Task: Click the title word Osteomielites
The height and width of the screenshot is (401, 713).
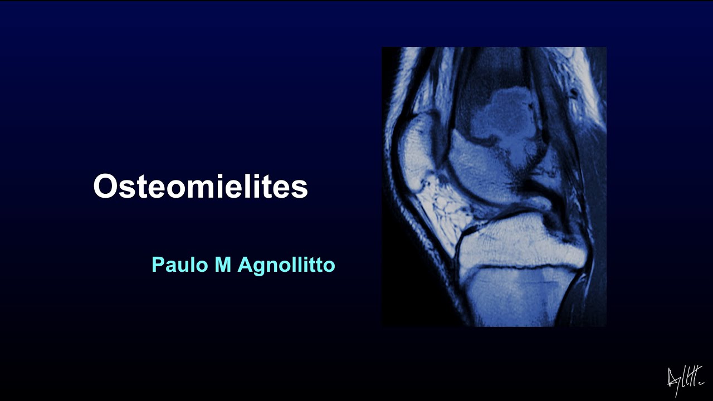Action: point(201,187)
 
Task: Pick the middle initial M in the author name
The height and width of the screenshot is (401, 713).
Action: point(223,265)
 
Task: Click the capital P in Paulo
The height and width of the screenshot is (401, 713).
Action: point(157,265)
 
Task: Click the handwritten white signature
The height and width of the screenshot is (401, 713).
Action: point(685,380)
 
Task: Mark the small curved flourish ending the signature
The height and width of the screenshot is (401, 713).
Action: point(700,384)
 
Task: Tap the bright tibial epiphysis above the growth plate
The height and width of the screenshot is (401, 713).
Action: point(518,242)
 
